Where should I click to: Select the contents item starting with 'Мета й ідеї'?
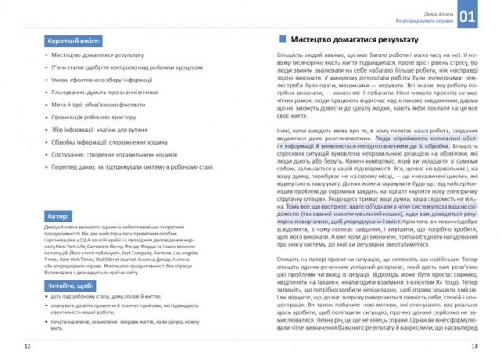coord(101,109)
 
